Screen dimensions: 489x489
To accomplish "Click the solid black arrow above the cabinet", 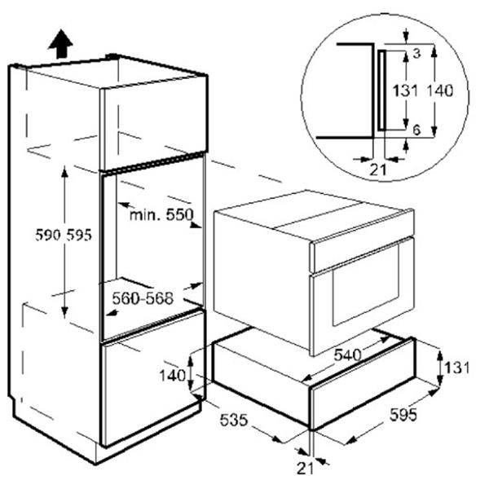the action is click(x=61, y=44).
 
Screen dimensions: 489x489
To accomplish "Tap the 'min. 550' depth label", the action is click(x=161, y=215).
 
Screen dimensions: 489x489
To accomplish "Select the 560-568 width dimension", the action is click(x=143, y=298).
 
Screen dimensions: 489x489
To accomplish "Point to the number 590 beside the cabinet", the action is click(x=48, y=235).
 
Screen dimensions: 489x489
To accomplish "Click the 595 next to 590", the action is click(x=79, y=235).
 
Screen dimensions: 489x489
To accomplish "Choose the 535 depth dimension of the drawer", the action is click(x=234, y=420).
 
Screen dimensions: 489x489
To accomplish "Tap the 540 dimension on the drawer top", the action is click(x=347, y=355).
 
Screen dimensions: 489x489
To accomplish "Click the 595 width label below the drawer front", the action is click(x=403, y=415).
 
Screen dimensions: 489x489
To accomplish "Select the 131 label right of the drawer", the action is click(x=457, y=368).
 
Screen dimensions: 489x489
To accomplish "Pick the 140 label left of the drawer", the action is click(x=173, y=376).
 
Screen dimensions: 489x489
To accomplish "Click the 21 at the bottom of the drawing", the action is click(x=305, y=468).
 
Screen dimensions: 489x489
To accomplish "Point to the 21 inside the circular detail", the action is click(x=378, y=170).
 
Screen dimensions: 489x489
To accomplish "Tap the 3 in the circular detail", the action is click(x=416, y=54).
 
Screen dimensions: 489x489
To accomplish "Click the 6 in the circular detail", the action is click(x=416, y=130).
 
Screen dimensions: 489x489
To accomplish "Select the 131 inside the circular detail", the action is click(x=405, y=91).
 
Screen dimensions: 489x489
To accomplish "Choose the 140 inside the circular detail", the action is click(x=439, y=91).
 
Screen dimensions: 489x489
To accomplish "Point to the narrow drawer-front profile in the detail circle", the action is click(x=382, y=90).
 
